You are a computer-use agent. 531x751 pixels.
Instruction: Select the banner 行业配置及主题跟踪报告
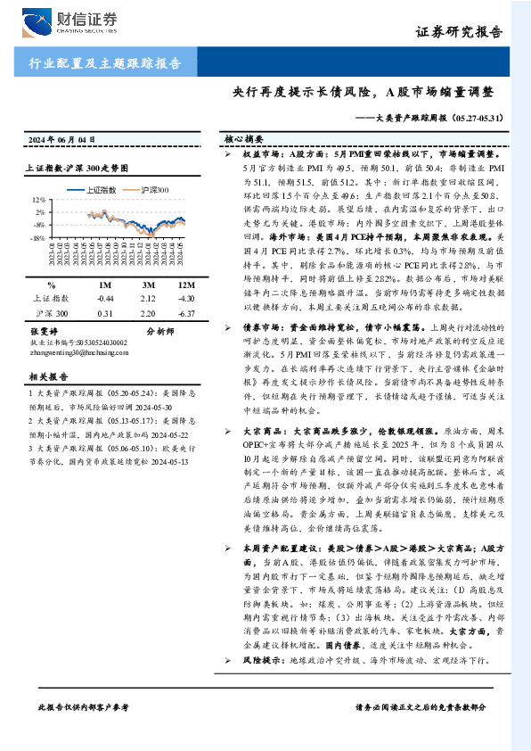pos(105,63)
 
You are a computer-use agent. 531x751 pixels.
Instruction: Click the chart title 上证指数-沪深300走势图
pos(78,167)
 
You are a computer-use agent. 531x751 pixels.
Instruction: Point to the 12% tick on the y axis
pos(37,201)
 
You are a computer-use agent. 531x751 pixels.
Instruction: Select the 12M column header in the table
pos(185,283)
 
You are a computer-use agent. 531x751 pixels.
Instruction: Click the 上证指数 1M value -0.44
pos(106,298)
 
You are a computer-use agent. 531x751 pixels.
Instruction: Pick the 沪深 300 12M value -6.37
pos(185,314)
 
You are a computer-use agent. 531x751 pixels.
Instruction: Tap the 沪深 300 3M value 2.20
pos(147,314)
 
